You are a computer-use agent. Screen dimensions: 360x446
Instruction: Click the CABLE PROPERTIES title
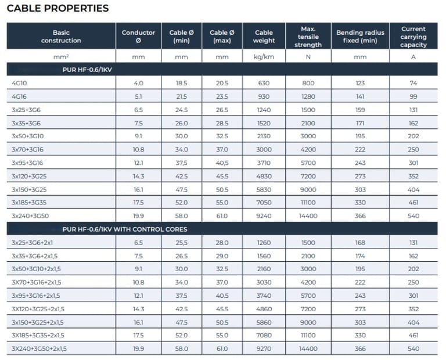(x=57, y=9)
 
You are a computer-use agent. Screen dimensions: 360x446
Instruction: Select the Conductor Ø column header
(x=138, y=36)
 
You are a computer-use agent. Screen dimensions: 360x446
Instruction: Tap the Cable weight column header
(x=264, y=36)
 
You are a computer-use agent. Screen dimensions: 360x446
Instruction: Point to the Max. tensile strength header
(x=308, y=36)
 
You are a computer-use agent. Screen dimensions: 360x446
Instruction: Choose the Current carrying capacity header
(x=413, y=36)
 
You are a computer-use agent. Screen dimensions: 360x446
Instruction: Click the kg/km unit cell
(x=264, y=57)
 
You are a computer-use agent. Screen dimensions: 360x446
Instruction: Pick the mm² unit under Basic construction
(x=61, y=57)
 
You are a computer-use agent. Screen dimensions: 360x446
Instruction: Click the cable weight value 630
(x=264, y=83)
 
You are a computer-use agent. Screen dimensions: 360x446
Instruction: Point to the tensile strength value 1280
(x=308, y=96)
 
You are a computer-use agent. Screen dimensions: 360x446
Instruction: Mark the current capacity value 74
(x=413, y=83)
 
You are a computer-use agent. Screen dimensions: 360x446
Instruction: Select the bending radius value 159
(x=360, y=110)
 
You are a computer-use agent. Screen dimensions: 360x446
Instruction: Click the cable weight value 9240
(x=264, y=216)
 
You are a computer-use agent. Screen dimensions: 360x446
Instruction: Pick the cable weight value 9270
(x=264, y=348)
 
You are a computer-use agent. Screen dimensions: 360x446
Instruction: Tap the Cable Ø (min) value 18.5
(x=181, y=83)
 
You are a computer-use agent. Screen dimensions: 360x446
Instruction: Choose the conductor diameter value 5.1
(x=138, y=96)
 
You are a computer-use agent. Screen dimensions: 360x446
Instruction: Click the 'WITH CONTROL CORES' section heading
(x=125, y=229)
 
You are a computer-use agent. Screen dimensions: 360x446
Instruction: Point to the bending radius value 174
(x=360, y=256)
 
